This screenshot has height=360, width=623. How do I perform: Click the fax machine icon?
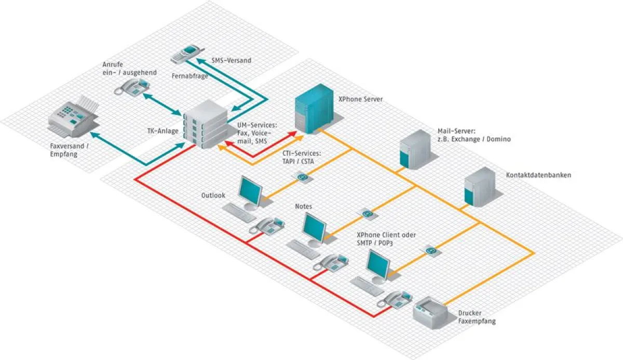pos(74,117)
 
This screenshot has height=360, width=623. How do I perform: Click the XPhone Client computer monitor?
pos(378,265)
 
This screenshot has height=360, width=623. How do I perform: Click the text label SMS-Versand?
pos(231,60)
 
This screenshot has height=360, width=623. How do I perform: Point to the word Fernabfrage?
pos(189,75)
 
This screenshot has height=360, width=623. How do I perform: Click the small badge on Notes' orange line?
pos(367,214)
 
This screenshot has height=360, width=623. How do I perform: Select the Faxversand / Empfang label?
pos(70,150)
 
